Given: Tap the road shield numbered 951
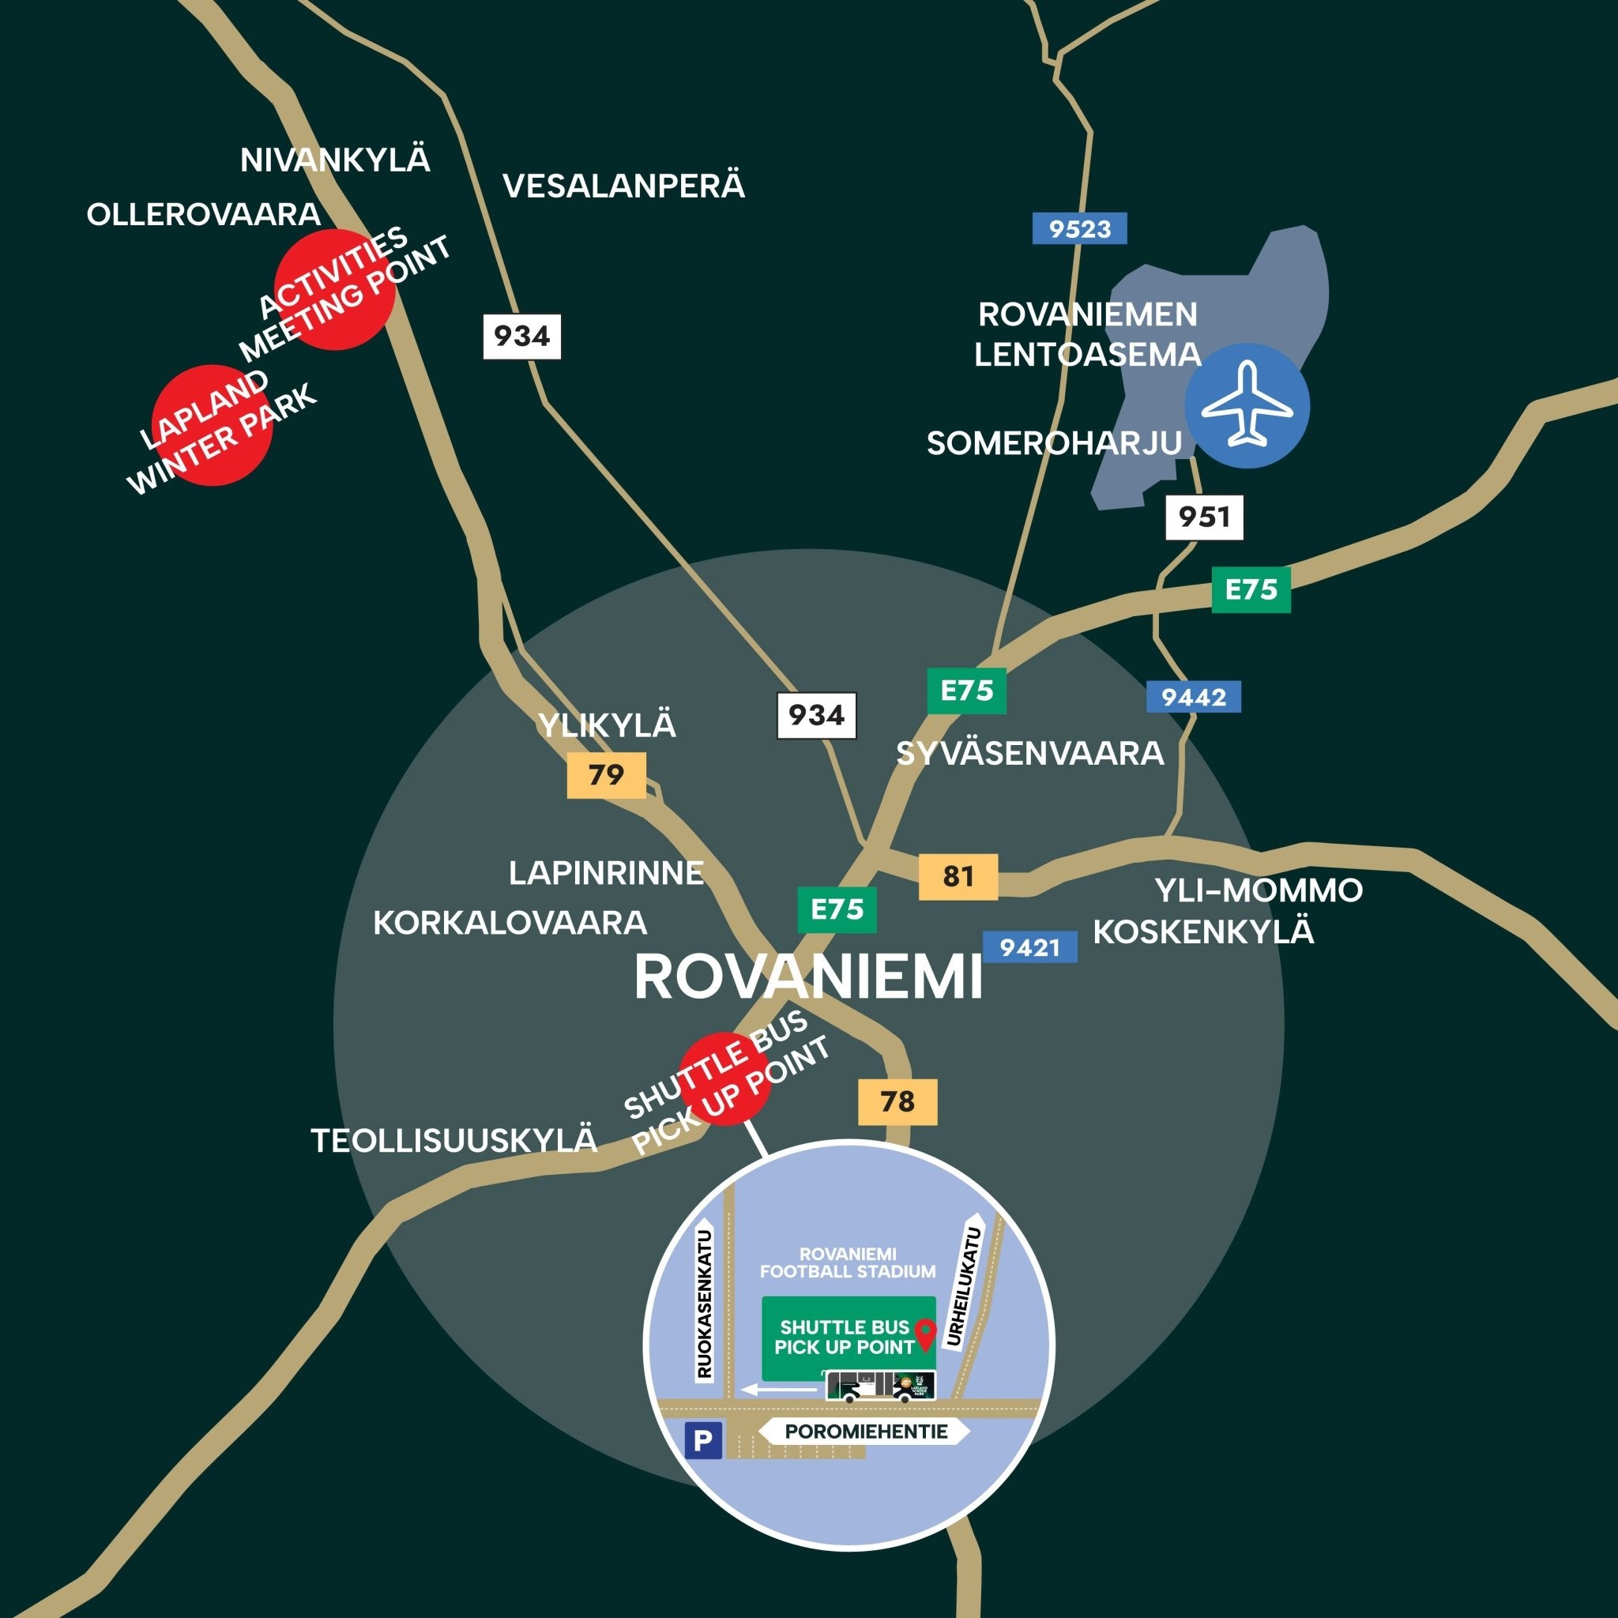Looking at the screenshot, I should (x=1204, y=517).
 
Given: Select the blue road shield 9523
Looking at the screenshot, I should (x=1079, y=228).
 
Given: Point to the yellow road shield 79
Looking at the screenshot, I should (x=606, y=775).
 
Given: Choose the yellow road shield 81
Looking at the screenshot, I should (x=958, y=876).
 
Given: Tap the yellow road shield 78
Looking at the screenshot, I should (x=897, y=1101).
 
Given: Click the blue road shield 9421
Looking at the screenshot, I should (x=1029, y=947).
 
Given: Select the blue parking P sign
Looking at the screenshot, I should (x=703, y=1440).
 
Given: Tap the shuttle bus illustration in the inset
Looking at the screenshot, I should (x=880, y=1386).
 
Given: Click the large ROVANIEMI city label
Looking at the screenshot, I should (x=808, y=977).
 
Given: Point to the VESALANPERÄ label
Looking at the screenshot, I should (x=623, y=186).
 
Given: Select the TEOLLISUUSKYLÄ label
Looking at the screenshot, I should (x=454, y=1140).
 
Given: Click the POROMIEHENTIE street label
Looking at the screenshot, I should (x=866, y=1432).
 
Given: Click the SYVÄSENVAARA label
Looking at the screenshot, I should (x=1029, y=754).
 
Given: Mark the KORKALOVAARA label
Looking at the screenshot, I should (x=510, y=923).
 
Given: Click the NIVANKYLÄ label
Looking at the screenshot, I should (x=335, y=160).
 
